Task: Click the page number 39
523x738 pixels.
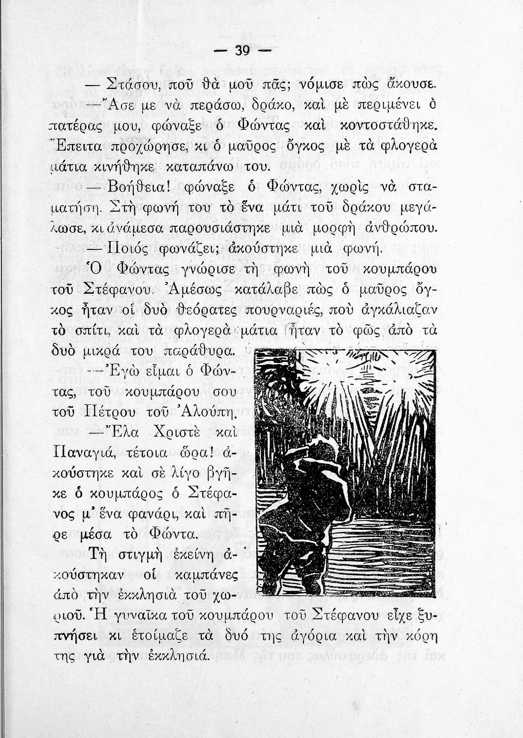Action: [243, 51]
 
